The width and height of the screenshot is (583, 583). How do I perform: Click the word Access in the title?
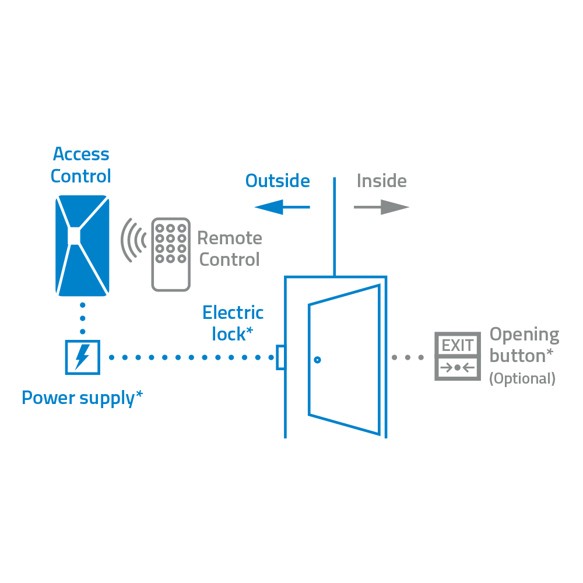pyautogui.click(x=81, y=154)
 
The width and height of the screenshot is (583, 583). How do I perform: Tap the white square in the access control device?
pyautogui.click(x=74, y=236)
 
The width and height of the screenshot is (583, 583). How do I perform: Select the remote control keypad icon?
pyautogui.click(x=171, y=254)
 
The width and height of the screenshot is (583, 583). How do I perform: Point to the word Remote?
pyautogui.click(x=230, y=238)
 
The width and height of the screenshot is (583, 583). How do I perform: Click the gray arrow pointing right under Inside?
pyautogui.click(x=381, y=206)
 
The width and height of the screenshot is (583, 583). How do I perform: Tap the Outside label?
pyautogui.click(x=278, y=181)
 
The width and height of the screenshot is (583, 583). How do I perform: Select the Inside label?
pyautogui.click(x=381, y=181)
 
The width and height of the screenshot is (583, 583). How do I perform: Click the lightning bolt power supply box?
pyautogui.click(x=82, y=357)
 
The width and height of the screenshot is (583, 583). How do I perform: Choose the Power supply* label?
pyautogui.click(x=82, y=398)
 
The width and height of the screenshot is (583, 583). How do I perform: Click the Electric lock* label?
pyautogui.click(x=233, y=324)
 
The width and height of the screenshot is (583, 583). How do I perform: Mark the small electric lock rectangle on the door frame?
pyautogui.click(x=280, y=357)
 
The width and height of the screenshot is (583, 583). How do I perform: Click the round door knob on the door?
pyautogui.click(x=317, y=360)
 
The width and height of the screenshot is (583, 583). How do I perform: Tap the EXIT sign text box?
pyautogui.click(x=458, y=345)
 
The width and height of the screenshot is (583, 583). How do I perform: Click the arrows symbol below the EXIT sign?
pyautogui.click(x=458, y=368)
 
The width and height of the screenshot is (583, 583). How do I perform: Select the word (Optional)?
pyautogui.click(x=522, y=379)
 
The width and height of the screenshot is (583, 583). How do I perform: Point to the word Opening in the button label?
pyautogui.click(x=524, y=335)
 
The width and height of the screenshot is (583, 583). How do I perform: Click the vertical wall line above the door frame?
pyautogui.click(x=334, y=227)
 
